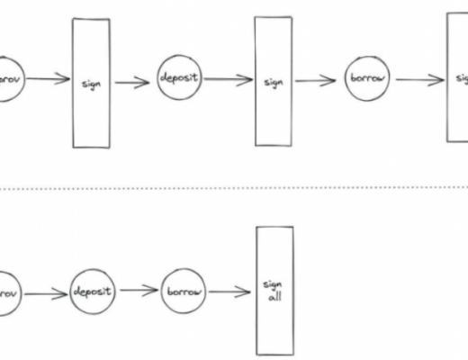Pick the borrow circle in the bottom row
[x=184, y=292]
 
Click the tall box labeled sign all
[x=274, y=290]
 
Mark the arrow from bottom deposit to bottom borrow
[x=140, y=292]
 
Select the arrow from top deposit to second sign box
[x=227, y=79]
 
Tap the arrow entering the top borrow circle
[x=318, y=80]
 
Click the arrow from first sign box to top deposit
[x=132, y=82]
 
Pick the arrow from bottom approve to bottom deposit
[x=48, y=292]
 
